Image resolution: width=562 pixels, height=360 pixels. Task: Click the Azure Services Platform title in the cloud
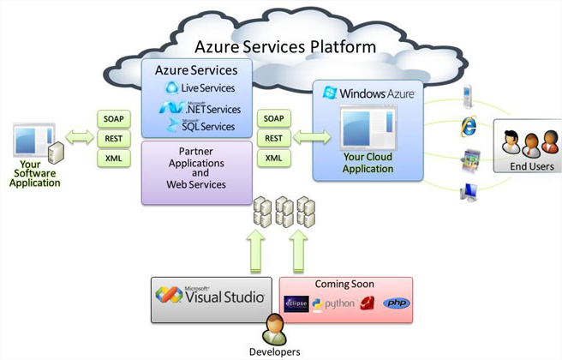coord(285,46)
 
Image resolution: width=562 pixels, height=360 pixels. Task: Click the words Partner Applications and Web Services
coord(195,172)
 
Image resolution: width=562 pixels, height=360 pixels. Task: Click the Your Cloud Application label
coord(368,163)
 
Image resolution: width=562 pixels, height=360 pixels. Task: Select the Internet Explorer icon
coord(469,125)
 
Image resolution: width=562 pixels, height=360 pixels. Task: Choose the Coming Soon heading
coord(345,284)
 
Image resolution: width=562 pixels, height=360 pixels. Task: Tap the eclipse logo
coord(296,303)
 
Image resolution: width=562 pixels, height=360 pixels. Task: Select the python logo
coord(333,303)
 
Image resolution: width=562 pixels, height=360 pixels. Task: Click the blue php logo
coord(396,303)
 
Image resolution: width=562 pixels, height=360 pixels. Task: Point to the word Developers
coord(275,351)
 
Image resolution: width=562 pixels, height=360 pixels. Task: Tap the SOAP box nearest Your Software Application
coord(113,118)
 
